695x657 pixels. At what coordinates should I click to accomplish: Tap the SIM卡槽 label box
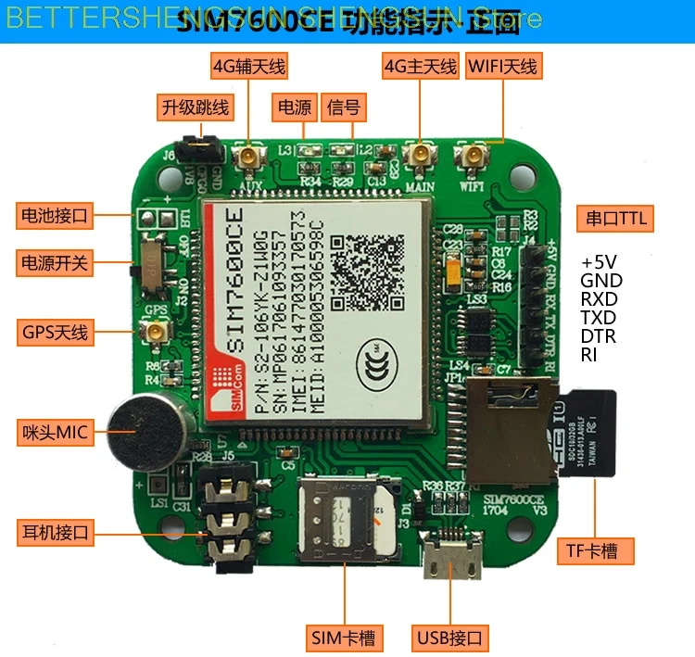click(343, 638)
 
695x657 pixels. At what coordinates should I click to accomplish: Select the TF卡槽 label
click(599, 552)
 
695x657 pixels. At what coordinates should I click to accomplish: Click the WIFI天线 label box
click(502, 67)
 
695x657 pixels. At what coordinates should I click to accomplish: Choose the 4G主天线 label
click(420, 67)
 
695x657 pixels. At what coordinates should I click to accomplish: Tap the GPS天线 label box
click(56, 331)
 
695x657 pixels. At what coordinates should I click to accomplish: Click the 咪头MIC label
click(56, 432)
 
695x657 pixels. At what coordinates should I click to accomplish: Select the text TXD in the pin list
click(598, 318)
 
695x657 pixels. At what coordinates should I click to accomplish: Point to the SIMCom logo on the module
click(225, 390)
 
